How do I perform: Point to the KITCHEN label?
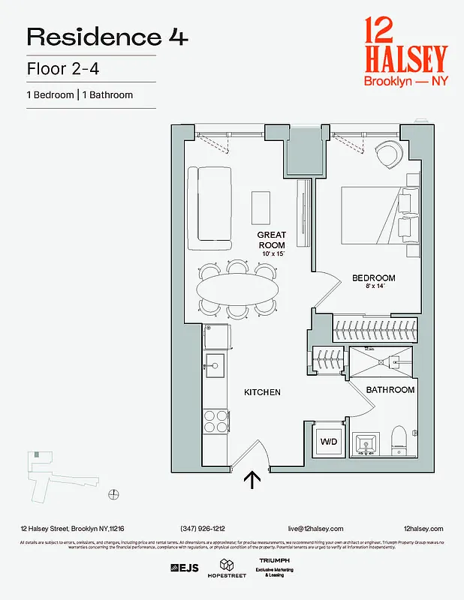point(262,392)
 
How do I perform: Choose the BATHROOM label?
point(390,390)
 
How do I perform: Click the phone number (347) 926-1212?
point(203,529)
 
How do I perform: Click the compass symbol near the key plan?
point(113,493)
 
